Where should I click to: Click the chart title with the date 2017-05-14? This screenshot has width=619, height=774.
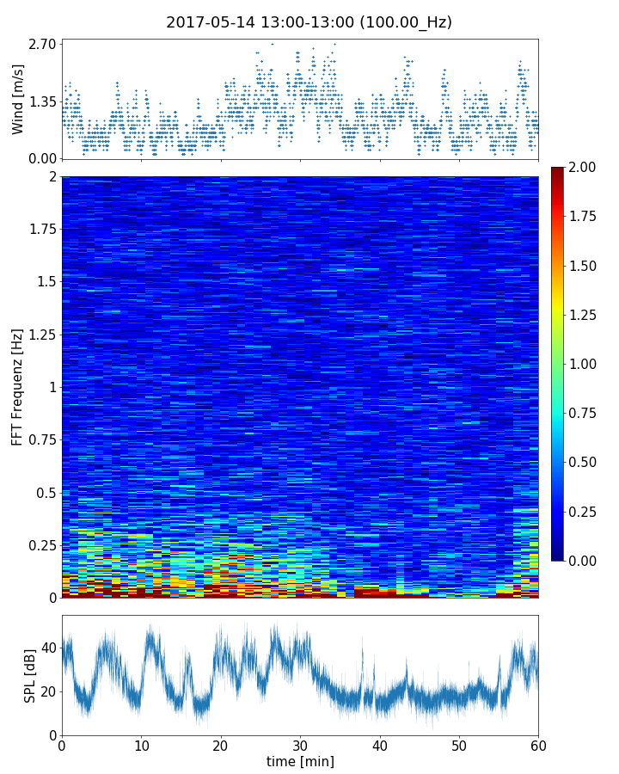(309, 22)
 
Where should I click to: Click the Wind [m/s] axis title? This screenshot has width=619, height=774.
(18, 98)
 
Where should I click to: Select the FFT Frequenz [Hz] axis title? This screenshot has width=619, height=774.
(18, 386)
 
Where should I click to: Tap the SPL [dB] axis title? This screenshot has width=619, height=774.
(30, 675)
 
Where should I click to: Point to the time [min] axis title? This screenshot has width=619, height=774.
(300, 761)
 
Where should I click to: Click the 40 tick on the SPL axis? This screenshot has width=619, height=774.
(47, 648)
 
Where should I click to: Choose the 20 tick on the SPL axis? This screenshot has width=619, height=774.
(47, 691)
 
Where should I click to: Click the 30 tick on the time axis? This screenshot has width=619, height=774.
(300, 745)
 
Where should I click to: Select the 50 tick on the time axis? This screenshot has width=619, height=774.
(459, 745)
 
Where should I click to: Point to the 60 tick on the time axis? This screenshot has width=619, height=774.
(538, 745)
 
